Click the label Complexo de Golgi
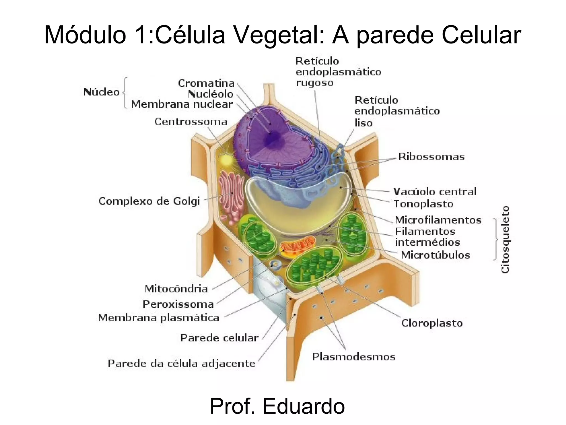(149, 201)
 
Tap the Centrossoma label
(191, 122)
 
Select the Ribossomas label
(431, 157)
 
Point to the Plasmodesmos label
(354, 357)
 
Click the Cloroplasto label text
(432, 323)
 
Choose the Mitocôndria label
(176, 289)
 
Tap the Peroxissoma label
(178, 304)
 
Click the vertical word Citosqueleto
(505, 239)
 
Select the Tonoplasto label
(423, 204)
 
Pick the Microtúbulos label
(435, 255)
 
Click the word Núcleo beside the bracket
(101, 92)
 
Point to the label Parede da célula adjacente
(182, 363)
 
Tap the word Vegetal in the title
(279, 35)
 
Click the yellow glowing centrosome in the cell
(226, 160)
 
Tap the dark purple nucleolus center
(272, 138)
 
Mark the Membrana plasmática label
(159, 318)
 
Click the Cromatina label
(206, 83)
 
